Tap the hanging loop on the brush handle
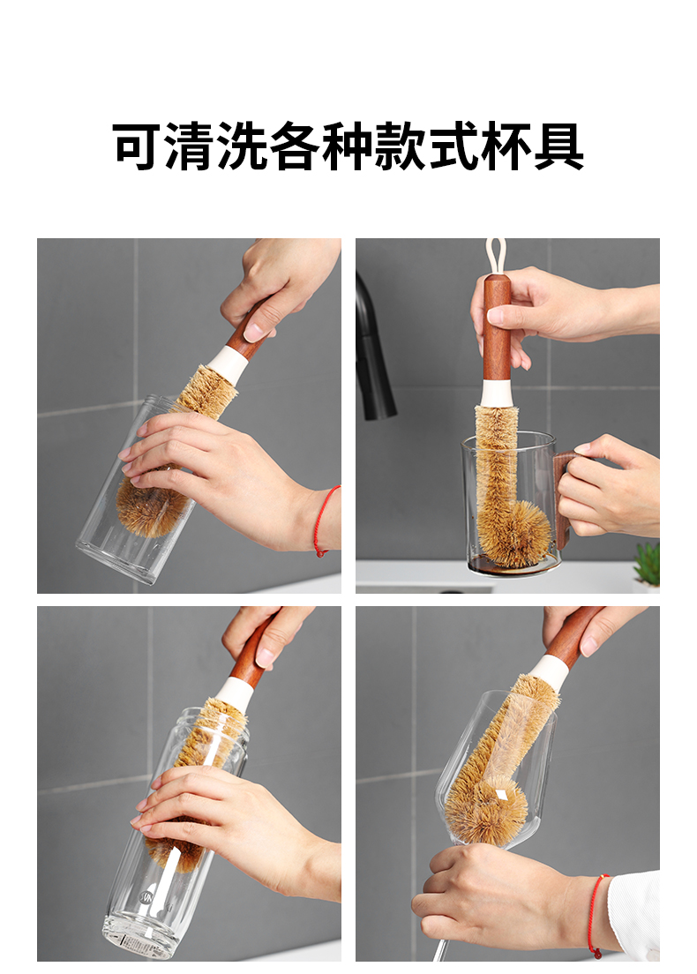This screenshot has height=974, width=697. click(496, 256)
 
